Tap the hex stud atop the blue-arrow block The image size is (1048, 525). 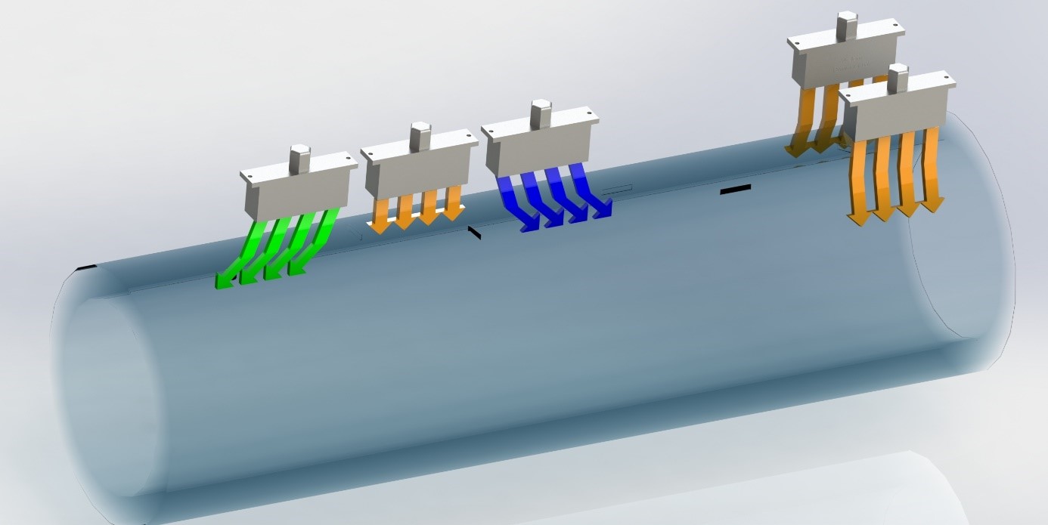(x=539, y=113)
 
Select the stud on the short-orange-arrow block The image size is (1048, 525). (x=420, y=136)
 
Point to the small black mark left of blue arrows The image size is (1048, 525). (x=474, y=233)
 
